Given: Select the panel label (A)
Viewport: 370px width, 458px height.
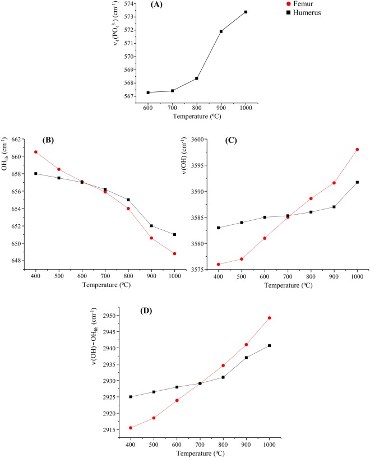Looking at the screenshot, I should [x=158, y=4].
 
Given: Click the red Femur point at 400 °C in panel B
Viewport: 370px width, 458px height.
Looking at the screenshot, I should [x=35, y=152].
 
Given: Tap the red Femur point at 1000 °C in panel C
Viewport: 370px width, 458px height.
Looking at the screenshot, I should [x=357, y=150].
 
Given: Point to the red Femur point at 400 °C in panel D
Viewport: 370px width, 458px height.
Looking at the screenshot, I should [x=131, y=428].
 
